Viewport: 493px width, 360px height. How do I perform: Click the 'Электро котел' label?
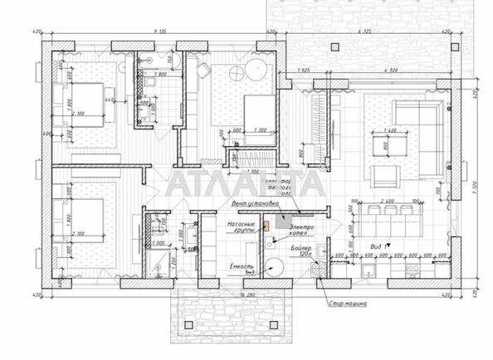304,230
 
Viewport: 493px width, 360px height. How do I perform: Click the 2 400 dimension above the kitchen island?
388,201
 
